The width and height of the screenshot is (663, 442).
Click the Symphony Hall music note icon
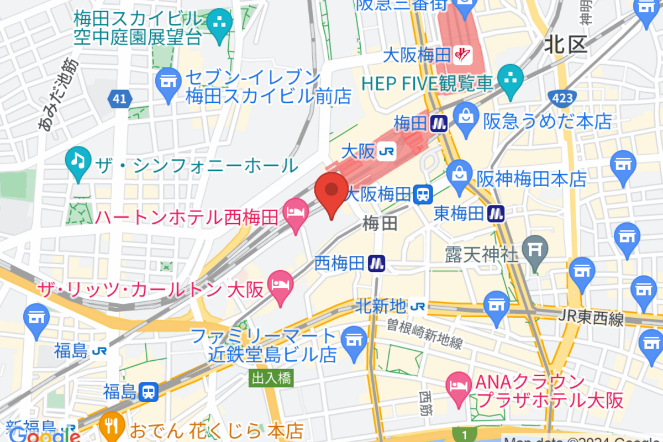(78, 162)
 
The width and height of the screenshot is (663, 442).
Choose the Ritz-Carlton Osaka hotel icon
(281, 285)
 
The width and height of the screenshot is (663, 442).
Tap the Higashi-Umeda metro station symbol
(496, 213)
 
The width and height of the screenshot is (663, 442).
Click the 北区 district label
(565, 45)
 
